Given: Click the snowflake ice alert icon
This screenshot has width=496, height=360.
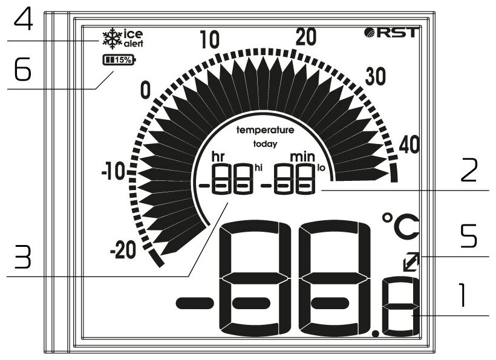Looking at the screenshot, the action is pos(110,39).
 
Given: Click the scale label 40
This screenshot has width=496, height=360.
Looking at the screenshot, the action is pos(411,144).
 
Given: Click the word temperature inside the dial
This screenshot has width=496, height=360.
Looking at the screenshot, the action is pos(265,130).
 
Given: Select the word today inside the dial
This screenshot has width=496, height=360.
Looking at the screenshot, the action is pos(265,144).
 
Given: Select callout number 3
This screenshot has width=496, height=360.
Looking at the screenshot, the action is pos(22,258).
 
